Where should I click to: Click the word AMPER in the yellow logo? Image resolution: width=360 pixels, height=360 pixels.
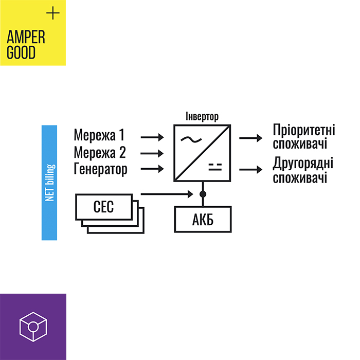26,37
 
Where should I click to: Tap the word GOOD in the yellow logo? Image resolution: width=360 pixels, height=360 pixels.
21,52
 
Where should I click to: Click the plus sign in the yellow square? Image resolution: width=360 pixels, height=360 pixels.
53,13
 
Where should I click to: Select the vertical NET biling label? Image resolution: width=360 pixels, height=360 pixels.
50,183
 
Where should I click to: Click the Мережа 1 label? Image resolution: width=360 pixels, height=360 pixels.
99,135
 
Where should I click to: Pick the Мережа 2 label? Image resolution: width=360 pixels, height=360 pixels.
100,152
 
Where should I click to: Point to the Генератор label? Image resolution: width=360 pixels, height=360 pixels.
101,169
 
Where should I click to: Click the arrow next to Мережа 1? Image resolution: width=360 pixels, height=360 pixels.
152,137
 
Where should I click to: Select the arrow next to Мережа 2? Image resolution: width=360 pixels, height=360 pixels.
152,153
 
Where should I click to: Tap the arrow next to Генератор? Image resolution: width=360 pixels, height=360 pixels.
152,169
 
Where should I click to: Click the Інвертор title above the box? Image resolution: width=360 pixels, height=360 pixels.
202,117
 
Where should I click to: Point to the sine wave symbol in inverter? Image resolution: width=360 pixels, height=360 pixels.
191,139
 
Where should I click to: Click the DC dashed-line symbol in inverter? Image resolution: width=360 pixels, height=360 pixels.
215,167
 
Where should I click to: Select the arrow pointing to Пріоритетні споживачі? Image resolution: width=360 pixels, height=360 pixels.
251,138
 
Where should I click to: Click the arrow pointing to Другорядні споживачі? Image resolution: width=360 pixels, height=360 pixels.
251,170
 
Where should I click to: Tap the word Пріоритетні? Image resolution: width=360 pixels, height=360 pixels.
304,130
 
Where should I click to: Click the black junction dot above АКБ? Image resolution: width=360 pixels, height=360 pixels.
203,194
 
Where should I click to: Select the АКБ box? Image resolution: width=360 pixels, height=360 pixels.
203,219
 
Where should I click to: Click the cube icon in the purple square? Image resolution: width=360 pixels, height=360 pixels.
33,327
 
